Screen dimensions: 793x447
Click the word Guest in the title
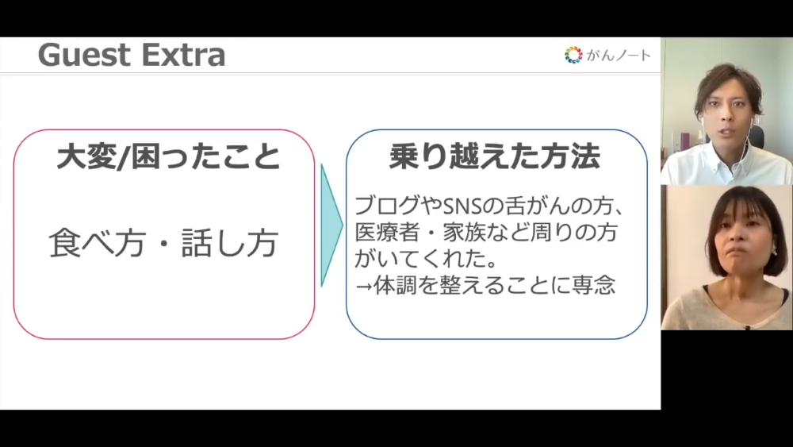83,55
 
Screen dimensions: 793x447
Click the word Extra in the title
182,55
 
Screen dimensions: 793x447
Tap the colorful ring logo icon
573,55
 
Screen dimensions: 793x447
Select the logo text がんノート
619,55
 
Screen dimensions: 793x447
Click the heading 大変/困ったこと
168,156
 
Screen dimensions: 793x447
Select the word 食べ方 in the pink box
97,243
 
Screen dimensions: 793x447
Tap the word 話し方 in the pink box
230,243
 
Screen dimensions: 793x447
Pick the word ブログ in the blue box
387,206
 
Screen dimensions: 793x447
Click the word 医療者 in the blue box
388,233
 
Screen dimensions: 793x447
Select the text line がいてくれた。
425,259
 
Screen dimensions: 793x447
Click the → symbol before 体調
364,286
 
